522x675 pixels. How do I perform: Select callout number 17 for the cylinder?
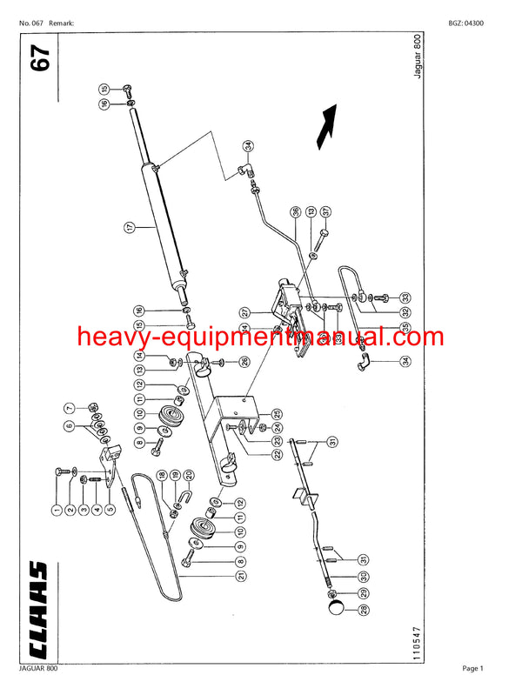click(129, 227)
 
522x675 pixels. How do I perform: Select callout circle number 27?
click(245, 312)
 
